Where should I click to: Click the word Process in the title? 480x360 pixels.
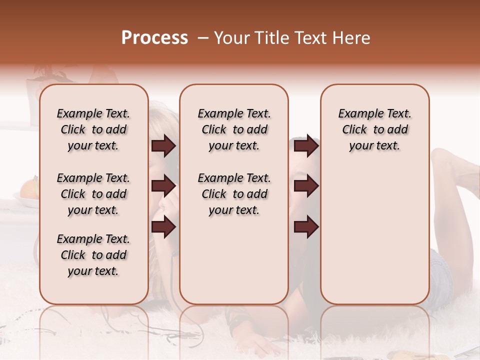154,37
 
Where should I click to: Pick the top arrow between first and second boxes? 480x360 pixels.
163,146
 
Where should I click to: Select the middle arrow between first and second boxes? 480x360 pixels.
163,186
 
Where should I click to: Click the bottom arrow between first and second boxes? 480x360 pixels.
163,227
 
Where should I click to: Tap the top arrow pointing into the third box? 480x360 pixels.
306,146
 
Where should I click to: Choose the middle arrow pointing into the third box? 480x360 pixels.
306,186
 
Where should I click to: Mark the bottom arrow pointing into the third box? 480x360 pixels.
306,227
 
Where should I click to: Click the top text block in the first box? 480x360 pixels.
93,129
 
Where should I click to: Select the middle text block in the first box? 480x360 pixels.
93,194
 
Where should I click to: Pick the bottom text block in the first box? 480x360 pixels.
93,255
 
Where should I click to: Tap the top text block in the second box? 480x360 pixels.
234,129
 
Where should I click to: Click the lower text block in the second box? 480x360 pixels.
234,194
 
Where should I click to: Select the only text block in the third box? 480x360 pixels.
374,129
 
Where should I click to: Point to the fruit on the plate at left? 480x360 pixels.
29,189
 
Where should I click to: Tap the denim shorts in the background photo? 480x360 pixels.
440,272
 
